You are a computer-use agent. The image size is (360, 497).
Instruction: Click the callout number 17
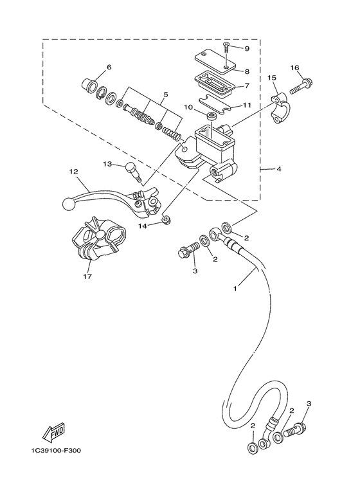pyautogui.click(x=87, y=277)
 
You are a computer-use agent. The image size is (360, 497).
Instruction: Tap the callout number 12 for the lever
pyautogui.click(x=73, y=172)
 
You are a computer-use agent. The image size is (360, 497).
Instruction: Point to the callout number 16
pyautogui.click(x=294, y=68)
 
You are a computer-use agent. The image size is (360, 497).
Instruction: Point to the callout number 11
pyautogui.click(x=246, y=104)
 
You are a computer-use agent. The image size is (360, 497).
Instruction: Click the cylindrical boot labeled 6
pyautogui.click(x=93, y=85)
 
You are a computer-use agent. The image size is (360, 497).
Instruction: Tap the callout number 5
pyautogui.click(x=165, y=95)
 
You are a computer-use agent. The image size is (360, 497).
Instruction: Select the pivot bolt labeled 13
pyautogui.click(x=132, y=170)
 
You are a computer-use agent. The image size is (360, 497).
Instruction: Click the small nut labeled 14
pyautogui.click(x=166, y=221)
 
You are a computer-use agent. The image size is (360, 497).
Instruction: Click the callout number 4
pyautogui.click(x=278, y=170)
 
